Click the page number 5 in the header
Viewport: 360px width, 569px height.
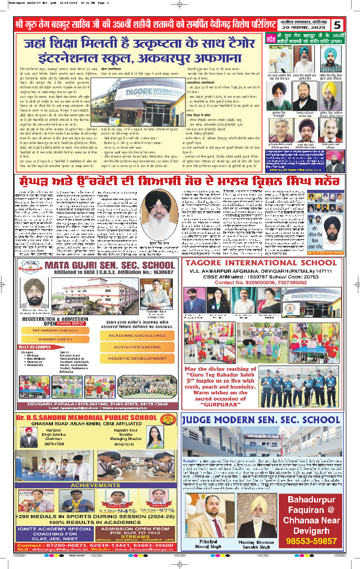[338, 25]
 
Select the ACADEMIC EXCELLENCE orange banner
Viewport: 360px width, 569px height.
[137, 336]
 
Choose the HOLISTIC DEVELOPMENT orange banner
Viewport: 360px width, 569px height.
[137, 359]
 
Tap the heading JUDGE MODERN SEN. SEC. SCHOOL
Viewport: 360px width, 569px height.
[261, 420]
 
